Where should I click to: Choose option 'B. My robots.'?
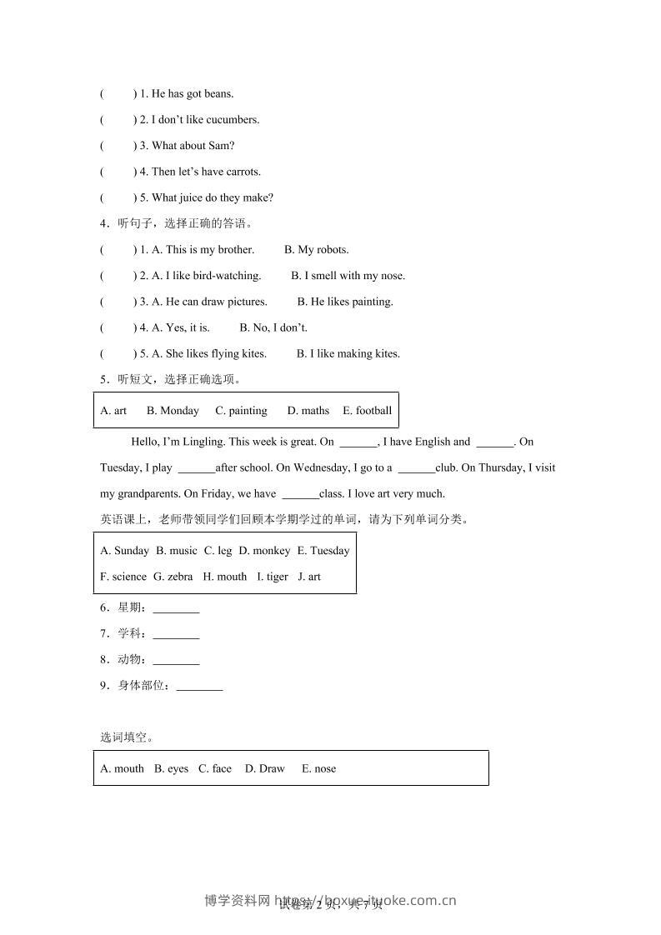[316, 249]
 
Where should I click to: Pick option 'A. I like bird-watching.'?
[206, 275]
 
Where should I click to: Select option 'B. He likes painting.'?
[340, 302]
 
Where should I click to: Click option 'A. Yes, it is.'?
[181, 327]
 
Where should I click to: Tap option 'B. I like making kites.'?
[348, 353]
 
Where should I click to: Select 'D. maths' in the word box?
[308, 410]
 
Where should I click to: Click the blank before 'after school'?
[197, 467]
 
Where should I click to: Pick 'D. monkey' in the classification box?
[264, 550]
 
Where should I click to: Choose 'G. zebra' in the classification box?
[173, 576]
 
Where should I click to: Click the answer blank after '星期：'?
[176, 608]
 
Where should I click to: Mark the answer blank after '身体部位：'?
[199, 687]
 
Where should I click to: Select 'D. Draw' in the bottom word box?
[264, 768]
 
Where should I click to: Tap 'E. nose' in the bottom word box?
[318, 768]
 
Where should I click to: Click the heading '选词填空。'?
[127, 737]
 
